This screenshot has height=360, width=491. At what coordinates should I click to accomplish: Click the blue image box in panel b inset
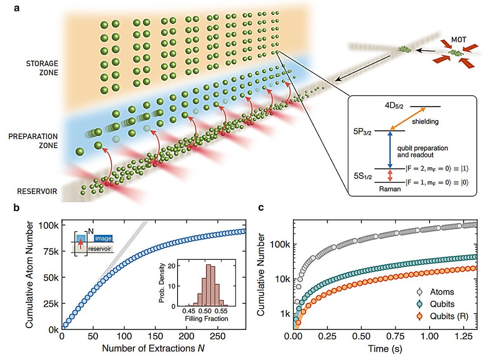(103, 237)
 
